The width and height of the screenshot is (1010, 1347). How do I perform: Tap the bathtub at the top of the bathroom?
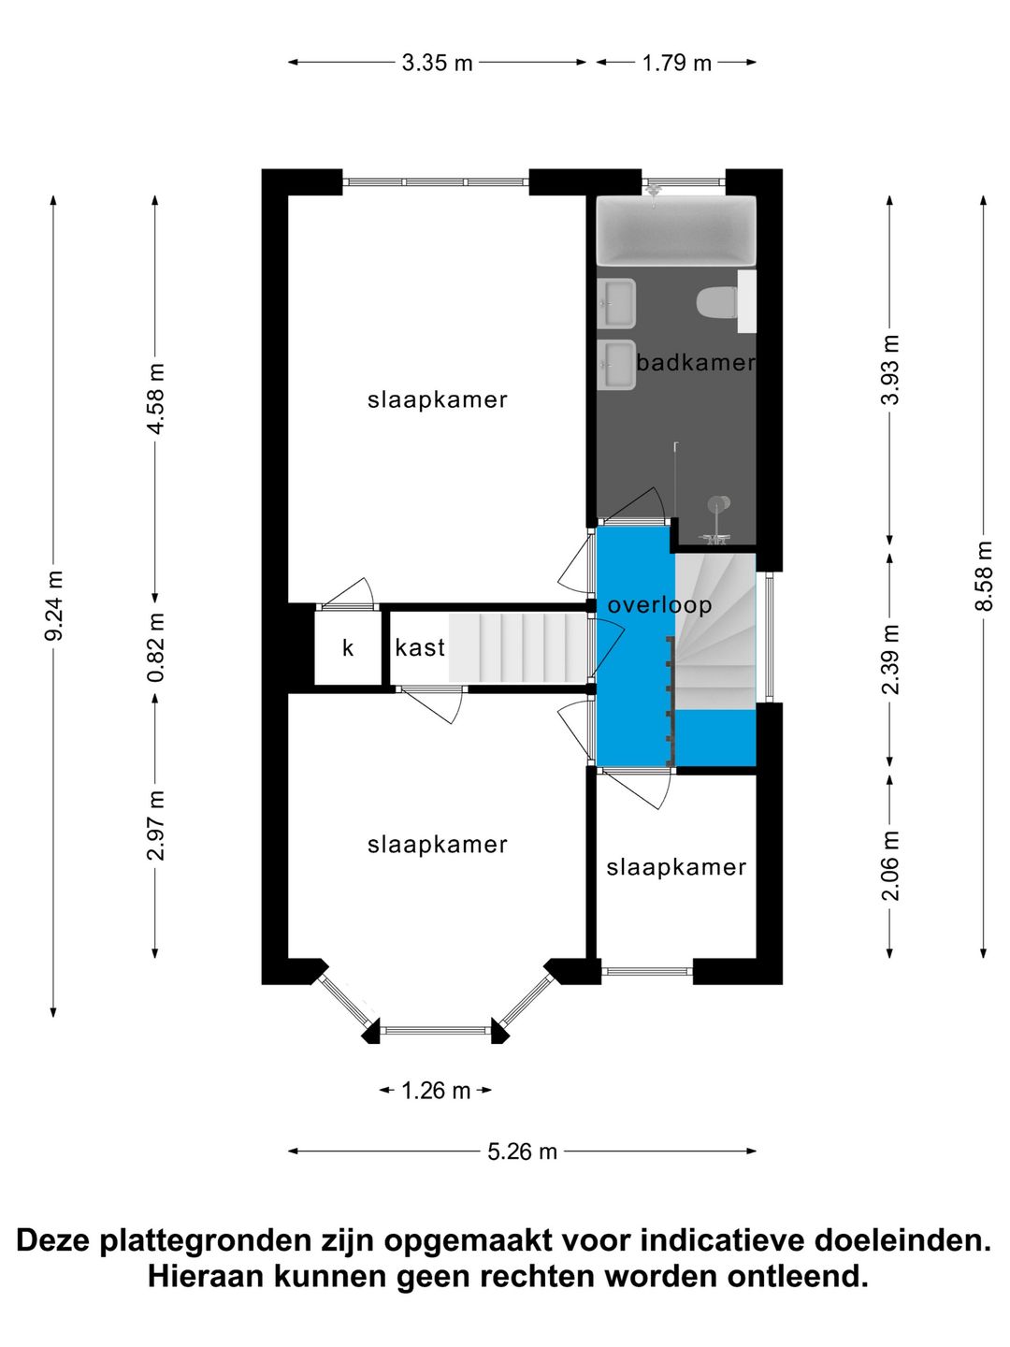(x=676, y=231)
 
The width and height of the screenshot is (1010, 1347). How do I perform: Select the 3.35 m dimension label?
(x=438, y=63)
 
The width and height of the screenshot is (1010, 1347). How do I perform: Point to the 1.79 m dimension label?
(x=676, y=63)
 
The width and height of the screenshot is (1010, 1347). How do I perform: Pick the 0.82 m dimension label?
(x=155, y=647)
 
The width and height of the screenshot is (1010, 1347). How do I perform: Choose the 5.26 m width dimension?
(x=522, y=1151)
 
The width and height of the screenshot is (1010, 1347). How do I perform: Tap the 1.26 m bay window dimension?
(x=436, y=1091)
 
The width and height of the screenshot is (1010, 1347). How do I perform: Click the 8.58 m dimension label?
(x=983, y=575)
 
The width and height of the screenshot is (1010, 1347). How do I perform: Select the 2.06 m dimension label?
(x=889, y=865)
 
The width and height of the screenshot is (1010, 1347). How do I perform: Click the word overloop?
(x=659, y=606)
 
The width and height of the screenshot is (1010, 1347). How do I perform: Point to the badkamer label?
(x=696, y=362)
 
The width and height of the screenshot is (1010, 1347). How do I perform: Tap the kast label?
(x=420, y=647)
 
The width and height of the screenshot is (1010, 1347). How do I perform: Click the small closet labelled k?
(x=348, y=647)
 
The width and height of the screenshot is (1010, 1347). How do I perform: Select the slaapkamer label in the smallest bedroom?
(x=676, y=868)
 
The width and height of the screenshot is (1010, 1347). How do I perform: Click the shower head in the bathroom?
(x=718, y=505)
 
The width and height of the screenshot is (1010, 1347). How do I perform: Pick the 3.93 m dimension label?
(x=889, y=369)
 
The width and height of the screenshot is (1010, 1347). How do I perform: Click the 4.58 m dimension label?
(x=155, y=398)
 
